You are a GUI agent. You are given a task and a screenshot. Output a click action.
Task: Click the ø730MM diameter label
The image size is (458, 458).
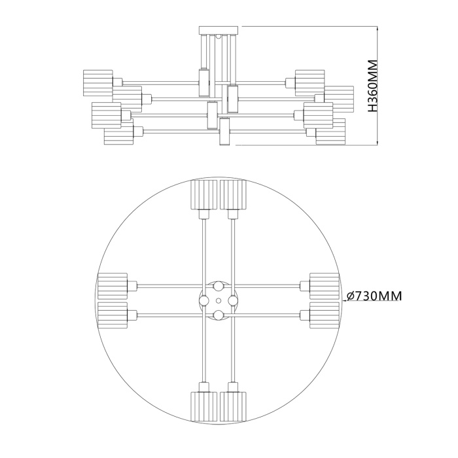pos(374,296)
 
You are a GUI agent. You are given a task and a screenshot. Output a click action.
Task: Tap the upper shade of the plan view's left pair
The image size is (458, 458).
pos(112,285)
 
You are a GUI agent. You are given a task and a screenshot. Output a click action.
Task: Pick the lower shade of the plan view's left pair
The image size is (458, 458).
pos(112,313)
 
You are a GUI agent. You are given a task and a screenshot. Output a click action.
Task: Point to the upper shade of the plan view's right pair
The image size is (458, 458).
pos(324,285)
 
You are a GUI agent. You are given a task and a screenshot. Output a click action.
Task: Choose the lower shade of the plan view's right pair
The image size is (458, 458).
pos(324,313)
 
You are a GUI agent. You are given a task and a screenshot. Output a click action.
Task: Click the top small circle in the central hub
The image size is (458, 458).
pos(218,287)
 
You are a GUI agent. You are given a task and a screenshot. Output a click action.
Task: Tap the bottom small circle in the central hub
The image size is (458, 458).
pos(218,315)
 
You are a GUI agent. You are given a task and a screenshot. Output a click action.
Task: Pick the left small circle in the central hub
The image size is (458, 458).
pos(204,300)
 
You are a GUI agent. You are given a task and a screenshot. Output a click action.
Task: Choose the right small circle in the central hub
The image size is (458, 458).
pos(232,300)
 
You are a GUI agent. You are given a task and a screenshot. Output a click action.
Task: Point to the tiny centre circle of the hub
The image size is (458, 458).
pos(218,300)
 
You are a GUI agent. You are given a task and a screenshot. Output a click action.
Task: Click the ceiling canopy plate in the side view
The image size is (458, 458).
pos(219,29)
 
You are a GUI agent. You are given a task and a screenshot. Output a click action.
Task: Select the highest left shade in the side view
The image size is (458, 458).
pos(97,81)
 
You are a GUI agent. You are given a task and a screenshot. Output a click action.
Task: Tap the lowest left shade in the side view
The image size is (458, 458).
pos(118,133)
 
